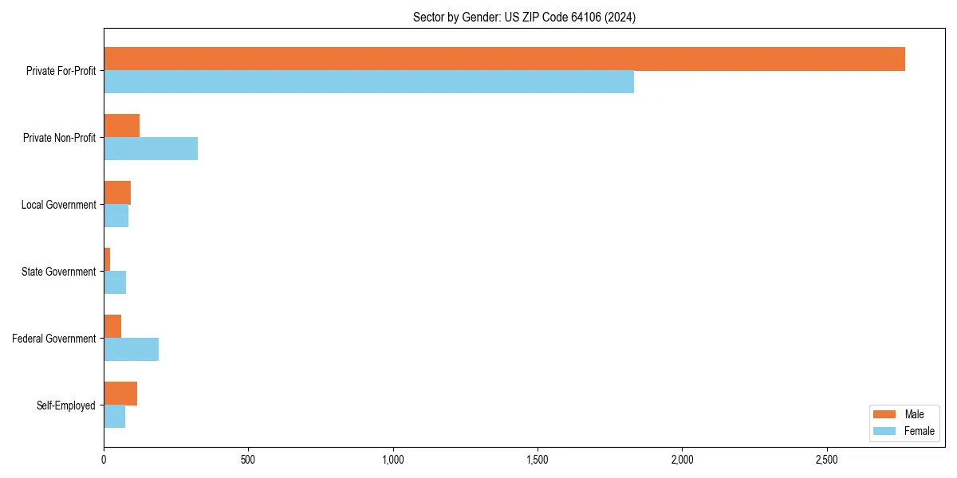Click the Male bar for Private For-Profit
[504, 59]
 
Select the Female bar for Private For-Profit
[368, 82]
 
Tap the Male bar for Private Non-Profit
[121, 126]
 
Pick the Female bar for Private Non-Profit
[151, 149]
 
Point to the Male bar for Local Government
[117, 193]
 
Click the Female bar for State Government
[115, 283]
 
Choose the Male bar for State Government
[107, 260]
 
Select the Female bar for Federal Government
[131, 350]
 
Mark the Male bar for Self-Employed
[120, 394]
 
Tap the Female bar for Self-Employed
[114, 417]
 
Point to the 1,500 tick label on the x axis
[538, 460]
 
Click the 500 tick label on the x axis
[248, 460]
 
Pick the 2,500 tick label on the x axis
[827, 460]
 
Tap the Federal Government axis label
[54, 339]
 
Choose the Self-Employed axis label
[66, 406]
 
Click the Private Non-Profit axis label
[59, 138]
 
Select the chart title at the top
[524, 17]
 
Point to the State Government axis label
[59, 272]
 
